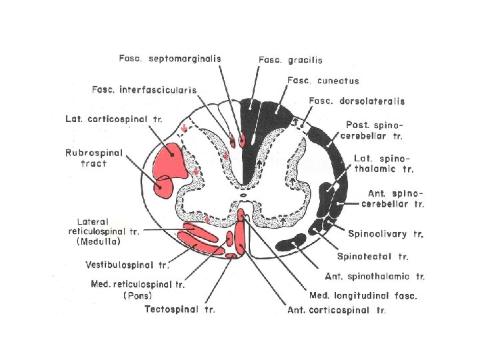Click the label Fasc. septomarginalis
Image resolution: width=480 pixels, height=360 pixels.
169,58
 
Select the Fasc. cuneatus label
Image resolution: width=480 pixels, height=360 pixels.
323,81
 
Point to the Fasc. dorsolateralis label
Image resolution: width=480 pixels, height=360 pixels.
357,101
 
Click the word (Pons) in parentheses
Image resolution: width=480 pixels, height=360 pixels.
137,295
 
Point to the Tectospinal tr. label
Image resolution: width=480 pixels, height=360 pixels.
180,310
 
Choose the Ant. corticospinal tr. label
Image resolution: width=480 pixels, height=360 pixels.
337,310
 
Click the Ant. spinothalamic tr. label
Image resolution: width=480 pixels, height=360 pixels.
375,276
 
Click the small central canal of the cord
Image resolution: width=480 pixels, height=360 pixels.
243,195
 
